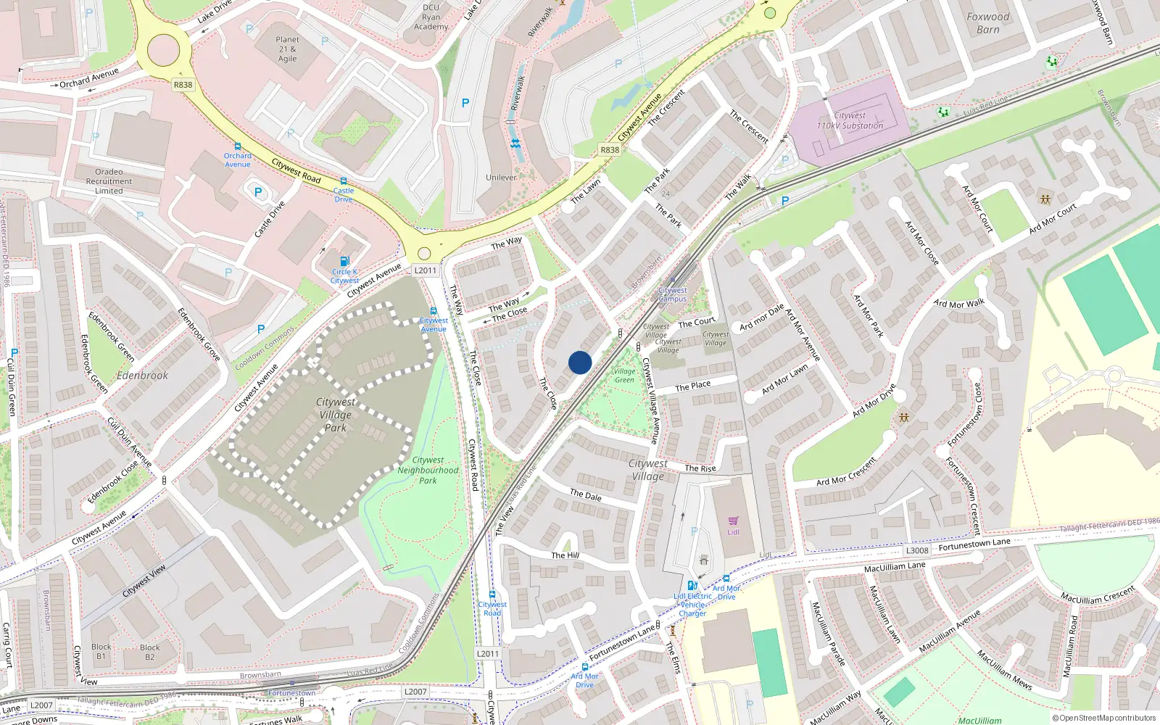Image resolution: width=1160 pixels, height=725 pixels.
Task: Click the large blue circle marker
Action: pyautogui.click(x=580, y=362)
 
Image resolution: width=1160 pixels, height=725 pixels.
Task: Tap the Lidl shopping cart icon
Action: pyautogui.click(x=733, y=521)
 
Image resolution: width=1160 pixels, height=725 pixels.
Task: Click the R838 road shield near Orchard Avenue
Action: pyautogui.click(x=183, y=85)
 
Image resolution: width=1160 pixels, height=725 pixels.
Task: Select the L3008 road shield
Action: pyautogui.click(x=917, y=550)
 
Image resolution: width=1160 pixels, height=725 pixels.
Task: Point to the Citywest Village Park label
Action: pyautogui.click(x=335, y=415)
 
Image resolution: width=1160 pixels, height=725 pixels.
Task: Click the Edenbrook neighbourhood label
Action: pyautogui.click(x=142, y=376)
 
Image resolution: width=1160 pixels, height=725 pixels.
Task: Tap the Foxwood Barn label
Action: pyautogui.click(x=987, y=23)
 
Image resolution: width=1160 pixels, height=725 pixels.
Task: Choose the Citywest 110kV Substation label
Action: pyautogui.click(x=850, y=120)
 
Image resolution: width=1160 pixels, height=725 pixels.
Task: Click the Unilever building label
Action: pyautogui.click(x=501, y=178)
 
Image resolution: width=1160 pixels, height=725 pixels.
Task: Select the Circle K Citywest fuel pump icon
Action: pyautogui.click(x=344, y=262)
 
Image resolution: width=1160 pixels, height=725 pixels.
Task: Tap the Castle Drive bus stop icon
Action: pyautogui.click(x=344, y=181)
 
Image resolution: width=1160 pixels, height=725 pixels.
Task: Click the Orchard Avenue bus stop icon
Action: pyautogui.click(x=237, y=146)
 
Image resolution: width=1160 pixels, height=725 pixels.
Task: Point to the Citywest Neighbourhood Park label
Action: pyautogui.click(x=428, y=470)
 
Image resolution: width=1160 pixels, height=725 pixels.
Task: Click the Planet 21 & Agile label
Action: pyautogui.click(x=287, y=49)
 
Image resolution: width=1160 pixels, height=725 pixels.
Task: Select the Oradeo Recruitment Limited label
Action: pyautogui.click(x=109, y=181)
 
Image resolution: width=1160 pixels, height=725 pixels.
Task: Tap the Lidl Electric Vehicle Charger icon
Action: pyautogui.click(x=692, y=586)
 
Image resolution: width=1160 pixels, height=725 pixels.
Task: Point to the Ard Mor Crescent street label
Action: pyautogui.click(x=847, y=471)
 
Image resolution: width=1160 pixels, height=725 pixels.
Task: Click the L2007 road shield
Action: pyautogui.click(x=41, y=705)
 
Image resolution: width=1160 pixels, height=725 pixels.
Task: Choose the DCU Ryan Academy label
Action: pyautogui.click(x=431, y=17)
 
